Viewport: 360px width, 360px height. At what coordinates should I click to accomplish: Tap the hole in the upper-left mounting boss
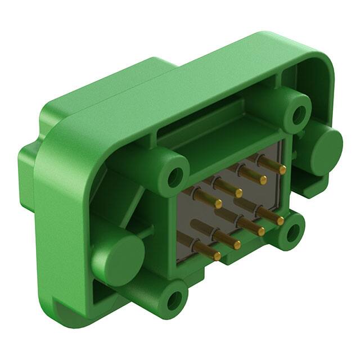click(x=175, y=176)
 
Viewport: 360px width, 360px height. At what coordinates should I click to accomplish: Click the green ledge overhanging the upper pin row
click(x=225, y=143)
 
